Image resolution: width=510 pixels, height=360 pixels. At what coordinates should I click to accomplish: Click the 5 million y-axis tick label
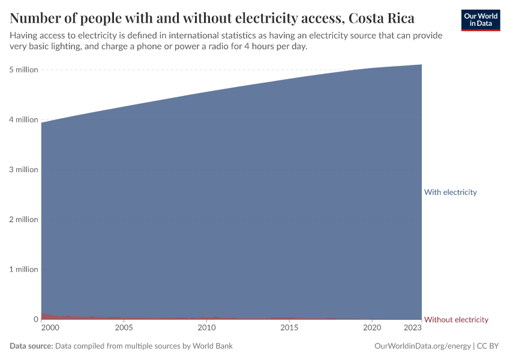(x=23, y=70)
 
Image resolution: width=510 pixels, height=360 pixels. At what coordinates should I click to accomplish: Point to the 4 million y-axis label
(x=23, y=119)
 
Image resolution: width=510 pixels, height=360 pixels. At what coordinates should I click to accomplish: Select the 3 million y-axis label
(x=23, y=169)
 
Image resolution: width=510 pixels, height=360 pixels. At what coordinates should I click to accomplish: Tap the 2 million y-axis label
(x=23, y=220)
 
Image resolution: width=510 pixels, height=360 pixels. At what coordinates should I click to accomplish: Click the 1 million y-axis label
(x=23, y=269)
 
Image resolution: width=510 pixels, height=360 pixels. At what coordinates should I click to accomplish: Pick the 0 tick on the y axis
(x=35, y=319)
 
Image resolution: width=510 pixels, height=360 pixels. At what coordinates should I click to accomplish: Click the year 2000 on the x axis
(x=50, y=328)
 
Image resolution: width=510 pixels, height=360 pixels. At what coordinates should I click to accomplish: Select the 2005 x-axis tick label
(x=124, y=328)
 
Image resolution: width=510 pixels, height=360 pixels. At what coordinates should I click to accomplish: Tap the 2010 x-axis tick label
(x=206, y=328)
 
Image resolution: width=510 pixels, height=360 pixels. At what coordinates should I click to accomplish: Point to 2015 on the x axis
(x=289, y=328)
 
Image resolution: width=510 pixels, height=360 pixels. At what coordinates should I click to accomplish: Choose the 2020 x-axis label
(x=373, y=328)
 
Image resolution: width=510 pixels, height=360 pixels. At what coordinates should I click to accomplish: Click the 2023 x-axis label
(x=413, y=328)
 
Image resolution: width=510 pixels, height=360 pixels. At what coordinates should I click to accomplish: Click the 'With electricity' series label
(x=450, y=193)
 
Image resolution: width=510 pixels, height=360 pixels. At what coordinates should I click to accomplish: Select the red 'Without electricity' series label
(x=456, y=319)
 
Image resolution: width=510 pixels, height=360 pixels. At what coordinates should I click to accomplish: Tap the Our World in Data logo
(x=481, y=20)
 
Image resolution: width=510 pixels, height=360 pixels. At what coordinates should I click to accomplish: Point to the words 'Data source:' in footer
(x=31, y=346)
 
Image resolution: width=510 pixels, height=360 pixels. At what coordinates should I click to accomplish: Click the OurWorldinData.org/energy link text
(x=422, y=346)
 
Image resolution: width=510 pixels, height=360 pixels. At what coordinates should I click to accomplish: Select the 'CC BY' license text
(x=489, y=346)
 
